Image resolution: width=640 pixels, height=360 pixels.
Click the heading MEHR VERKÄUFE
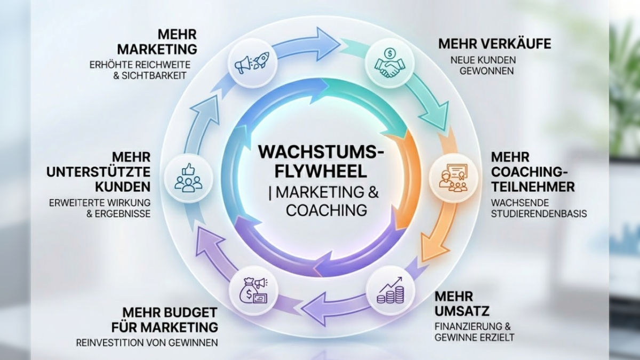494,44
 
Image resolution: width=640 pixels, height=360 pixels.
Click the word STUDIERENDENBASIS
539,214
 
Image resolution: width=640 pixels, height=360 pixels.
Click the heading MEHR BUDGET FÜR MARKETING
170,319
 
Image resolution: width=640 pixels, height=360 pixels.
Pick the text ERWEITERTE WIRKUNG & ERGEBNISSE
100,208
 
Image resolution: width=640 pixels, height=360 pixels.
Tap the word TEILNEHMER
533,187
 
